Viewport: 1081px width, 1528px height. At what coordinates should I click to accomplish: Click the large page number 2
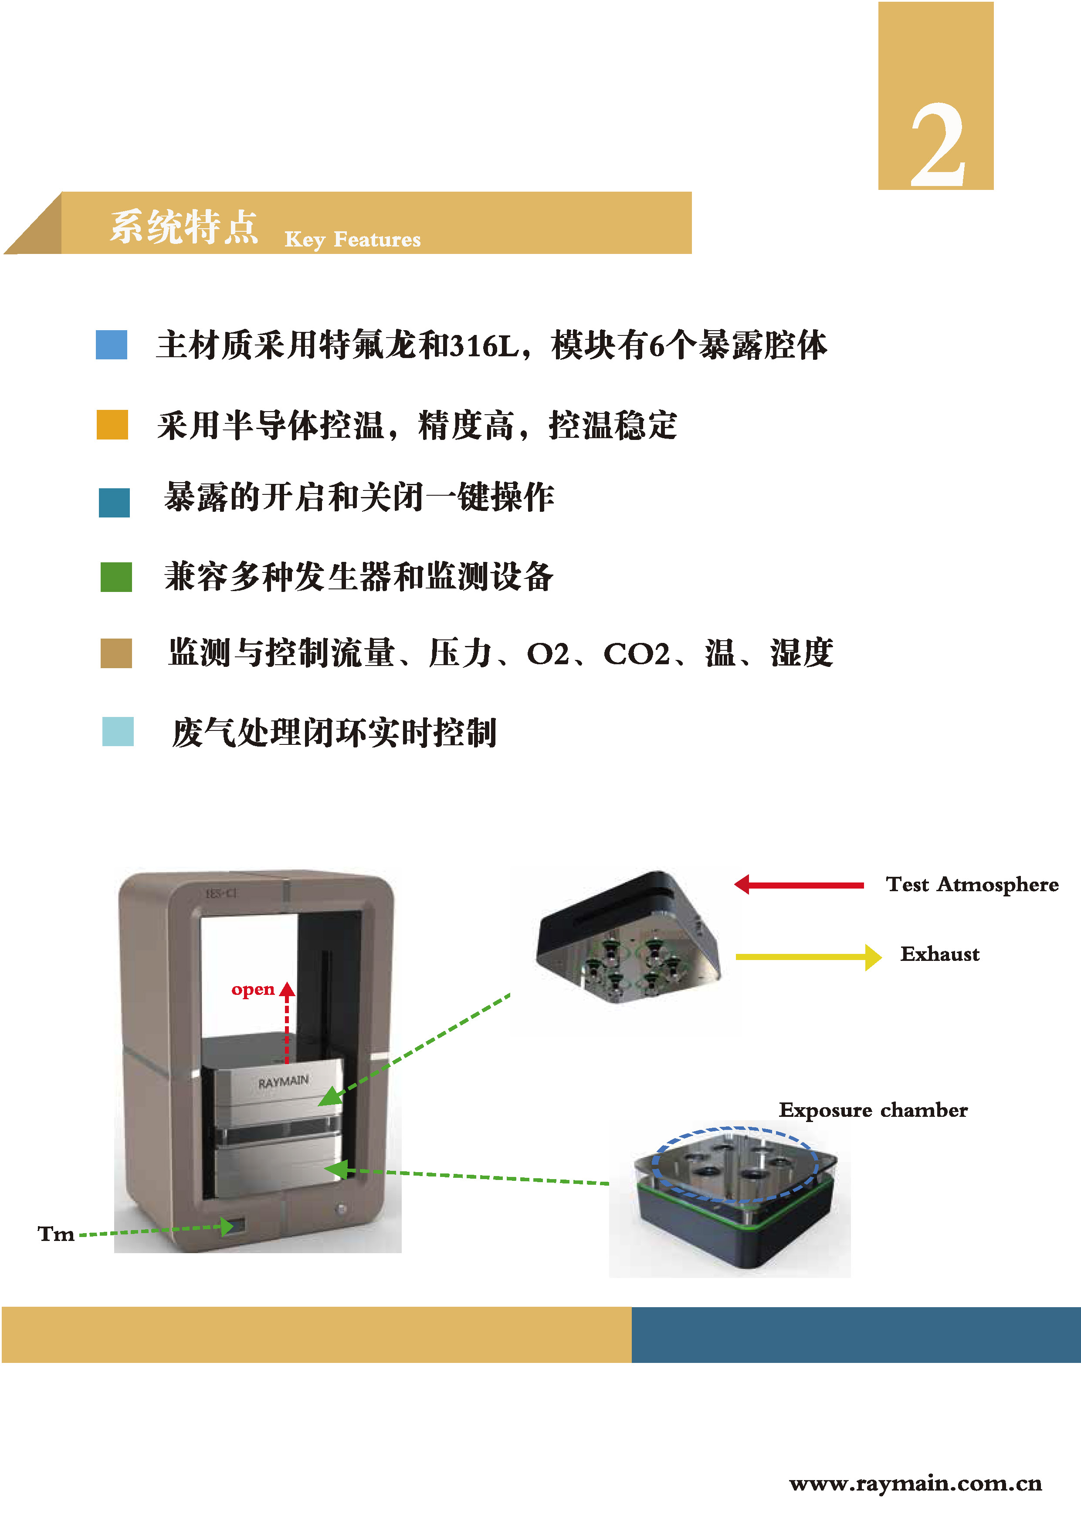(937, 146)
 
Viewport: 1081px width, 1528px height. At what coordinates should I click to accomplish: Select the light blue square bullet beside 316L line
(111, 345)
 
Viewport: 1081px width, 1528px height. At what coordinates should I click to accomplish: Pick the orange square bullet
(112, 425)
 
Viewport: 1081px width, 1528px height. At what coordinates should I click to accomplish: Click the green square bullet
(116, 576)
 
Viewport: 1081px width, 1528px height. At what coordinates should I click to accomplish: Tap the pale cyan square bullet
(118, 731)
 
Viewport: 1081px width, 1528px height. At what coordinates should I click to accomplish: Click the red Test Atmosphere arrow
(799, 885)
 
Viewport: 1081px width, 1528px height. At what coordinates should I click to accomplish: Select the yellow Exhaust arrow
(808, 957)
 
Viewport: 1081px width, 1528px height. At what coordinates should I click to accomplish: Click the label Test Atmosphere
(972, 885)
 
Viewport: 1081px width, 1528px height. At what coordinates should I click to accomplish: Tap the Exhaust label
(939, 954)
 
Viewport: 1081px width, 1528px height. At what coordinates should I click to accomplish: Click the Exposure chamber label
(873, 1110)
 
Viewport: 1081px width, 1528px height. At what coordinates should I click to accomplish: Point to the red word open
(253, 990)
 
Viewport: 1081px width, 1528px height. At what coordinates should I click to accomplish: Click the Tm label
(56, 1234)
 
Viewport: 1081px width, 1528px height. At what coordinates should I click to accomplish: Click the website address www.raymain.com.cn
(915, 1484)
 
